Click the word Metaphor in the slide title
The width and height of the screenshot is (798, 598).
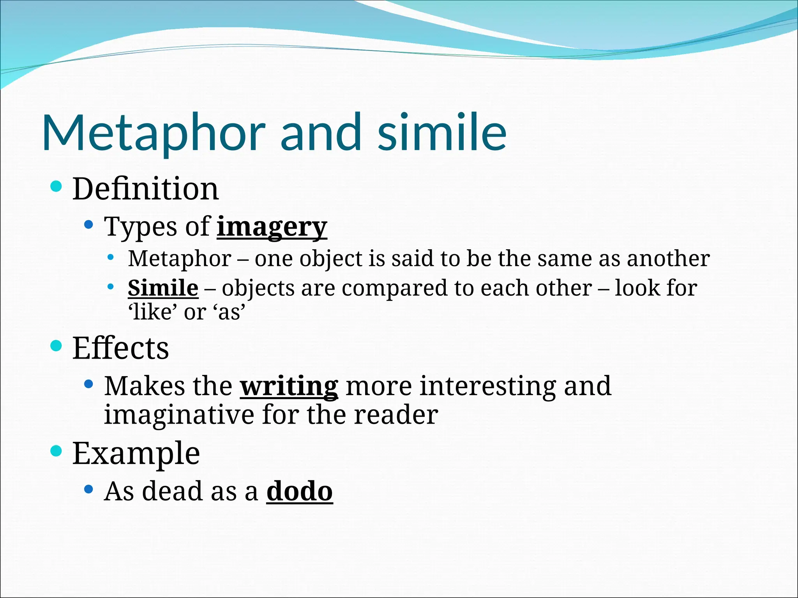pyautogui.click(x=154, y=132)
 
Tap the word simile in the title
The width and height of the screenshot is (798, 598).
pyautogui.click(x=442, y=132)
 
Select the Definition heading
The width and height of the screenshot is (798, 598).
pyautogui.click(x=145, y=189)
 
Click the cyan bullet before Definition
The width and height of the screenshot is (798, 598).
pyautogui.click(x=56, y=186)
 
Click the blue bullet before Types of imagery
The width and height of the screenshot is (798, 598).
pyautogui.click(x=89, y=225)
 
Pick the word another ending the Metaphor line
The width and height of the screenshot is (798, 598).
pyautogui.click(x=668, y=259)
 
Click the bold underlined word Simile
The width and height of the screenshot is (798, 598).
pyautogui.click(x=163, y=288)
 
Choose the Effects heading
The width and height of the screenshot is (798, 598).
pyautogui.click(x=120, y=348)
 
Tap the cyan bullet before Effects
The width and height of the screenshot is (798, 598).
pyautogui.click(x=56, y=345)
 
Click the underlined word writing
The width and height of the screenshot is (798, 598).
pyautogui.click(x=289, y=387)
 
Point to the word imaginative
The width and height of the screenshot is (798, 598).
pyautogui.click(x=179, y=415)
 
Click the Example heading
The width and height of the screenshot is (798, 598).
pyautogui.click(x=136, y=454)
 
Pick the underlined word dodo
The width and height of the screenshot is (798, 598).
pyautogui.click(x=299, y=492)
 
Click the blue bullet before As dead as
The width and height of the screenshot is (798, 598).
pyautogui.click(x=89, y=489)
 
